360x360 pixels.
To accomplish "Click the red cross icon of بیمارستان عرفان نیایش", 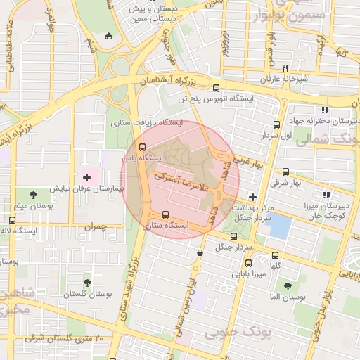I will [87, 178].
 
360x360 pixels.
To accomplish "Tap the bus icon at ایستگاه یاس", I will [143, 148].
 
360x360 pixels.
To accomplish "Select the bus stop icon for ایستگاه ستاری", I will [165, 214].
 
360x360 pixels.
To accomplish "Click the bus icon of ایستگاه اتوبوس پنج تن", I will [216, 89].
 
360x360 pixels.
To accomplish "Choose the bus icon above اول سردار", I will [276, 124].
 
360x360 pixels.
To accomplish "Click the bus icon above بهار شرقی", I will [285, 172].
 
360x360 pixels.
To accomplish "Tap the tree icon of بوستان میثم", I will [34, 193].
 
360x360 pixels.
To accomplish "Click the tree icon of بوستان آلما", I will [288, 285].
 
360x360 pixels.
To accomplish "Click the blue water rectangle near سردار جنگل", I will [279, 226].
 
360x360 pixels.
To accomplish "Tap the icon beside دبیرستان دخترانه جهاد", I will [324, 110].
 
